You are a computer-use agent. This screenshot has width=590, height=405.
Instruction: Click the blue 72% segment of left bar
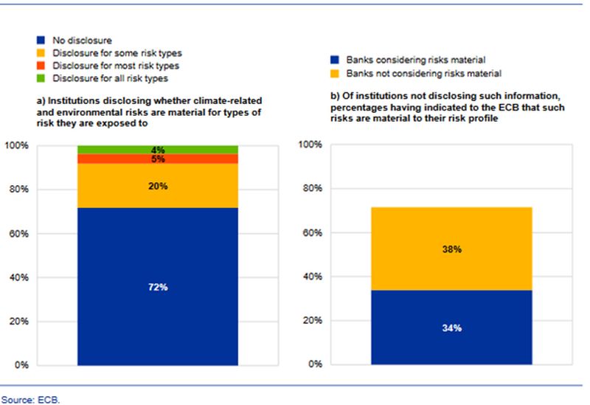point(158,286)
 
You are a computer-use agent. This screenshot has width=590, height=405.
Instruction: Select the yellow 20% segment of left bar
point(158,186)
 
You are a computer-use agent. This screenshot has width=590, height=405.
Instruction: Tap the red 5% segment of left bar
point(158,159)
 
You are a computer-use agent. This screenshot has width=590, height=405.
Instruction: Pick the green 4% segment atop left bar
point(158,150)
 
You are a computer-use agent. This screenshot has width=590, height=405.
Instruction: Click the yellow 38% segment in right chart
point(451,249)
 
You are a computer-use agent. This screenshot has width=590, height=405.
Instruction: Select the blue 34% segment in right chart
point(451,327)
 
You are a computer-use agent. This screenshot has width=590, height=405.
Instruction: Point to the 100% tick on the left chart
point(16,145)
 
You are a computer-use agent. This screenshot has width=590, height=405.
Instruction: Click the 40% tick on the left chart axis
point(18,277)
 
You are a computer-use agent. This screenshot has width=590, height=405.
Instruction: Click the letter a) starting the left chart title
point(40,100)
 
